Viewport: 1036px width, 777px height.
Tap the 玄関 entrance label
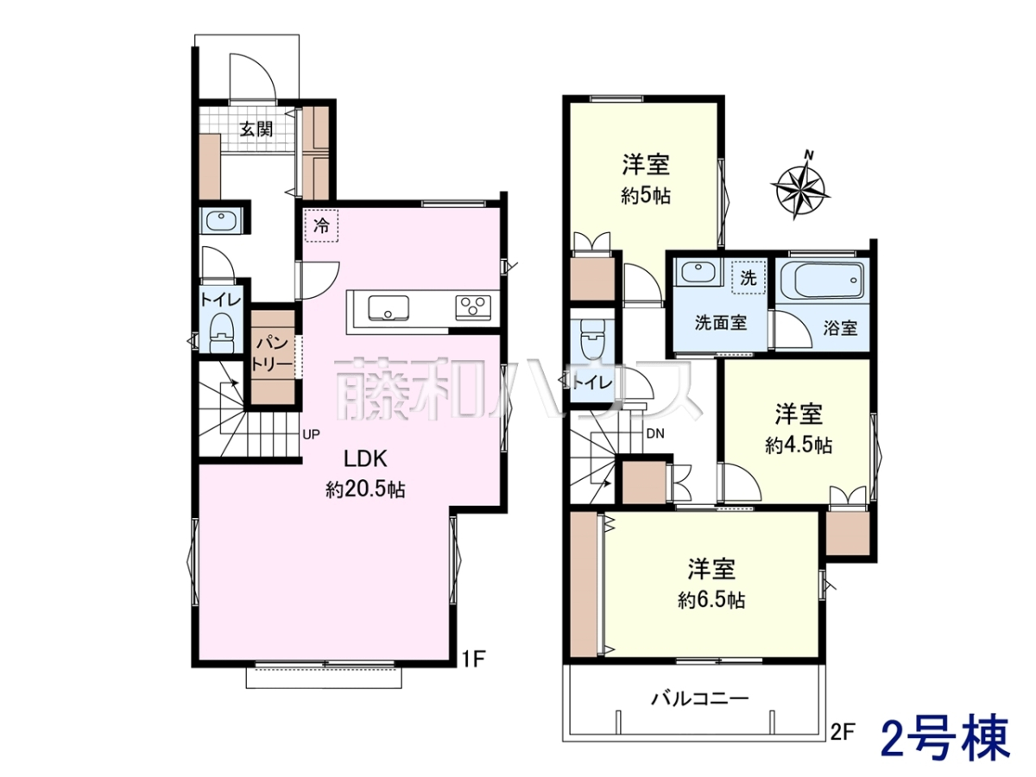(x=256, y=129)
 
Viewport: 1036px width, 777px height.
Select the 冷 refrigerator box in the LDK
(x=321, y=226)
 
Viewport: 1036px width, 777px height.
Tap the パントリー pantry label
(x=272, y=353)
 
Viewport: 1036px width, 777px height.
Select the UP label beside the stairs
(x=312, y=434)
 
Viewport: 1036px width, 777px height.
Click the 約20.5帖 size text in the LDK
(x=365, y=490)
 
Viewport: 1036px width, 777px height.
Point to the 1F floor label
(x=473, y=660)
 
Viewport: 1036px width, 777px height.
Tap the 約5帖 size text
(x=646, y=195)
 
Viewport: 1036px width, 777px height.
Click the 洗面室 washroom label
(x=721, y=323)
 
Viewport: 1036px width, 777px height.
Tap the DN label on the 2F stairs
(x=655, y=433)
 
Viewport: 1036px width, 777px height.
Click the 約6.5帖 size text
(x=712, y=600)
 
